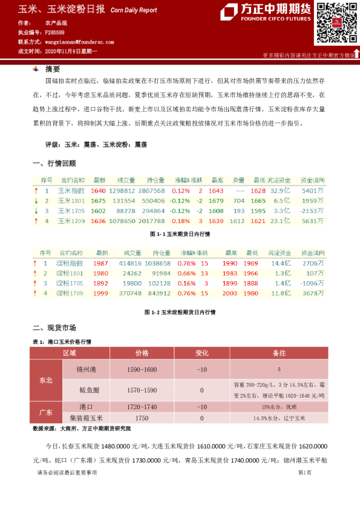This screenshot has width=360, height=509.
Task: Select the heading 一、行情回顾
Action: (54, 163)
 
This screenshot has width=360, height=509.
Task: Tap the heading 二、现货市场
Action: (54, 328)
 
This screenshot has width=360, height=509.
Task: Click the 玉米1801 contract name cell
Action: (71, 200)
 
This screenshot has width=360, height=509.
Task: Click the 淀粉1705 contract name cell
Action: (69, 283)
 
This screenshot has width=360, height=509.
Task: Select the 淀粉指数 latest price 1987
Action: (101, 264)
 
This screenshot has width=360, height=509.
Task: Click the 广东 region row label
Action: (46, 412)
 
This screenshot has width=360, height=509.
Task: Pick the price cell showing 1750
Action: (142, 418)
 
